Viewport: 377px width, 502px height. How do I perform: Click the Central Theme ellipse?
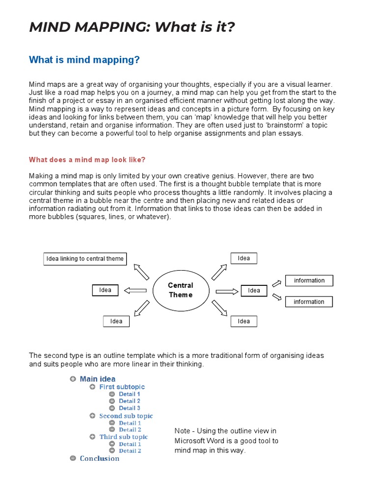pos(180,290)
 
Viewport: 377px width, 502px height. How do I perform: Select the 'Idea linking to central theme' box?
pos(85,259)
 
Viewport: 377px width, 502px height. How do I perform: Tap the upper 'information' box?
pos(309,280)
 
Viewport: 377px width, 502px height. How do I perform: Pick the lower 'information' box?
pos(309,302)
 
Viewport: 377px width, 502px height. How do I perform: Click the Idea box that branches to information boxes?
pos(254,290)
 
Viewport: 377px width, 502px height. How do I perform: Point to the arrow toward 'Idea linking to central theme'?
pos(141,271)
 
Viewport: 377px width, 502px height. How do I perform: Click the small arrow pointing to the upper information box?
pos(277,282)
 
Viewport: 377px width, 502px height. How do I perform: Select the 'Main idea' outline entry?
pos(98,379)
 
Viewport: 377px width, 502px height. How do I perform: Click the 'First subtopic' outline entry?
pos(122,387)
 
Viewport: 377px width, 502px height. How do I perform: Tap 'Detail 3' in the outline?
pos(130,408)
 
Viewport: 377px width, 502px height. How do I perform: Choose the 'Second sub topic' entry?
pos(126,416)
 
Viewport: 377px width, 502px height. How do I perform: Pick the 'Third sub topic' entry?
pos(123,437)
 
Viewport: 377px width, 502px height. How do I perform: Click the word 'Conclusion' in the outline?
pos(100,458)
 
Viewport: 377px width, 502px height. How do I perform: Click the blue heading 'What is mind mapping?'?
pos(84,60)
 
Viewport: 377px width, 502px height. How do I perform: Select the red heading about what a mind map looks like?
pos(87,160)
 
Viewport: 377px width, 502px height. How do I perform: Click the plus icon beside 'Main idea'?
pos(73,379)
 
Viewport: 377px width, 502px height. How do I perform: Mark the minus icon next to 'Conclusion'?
pos(73,458)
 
